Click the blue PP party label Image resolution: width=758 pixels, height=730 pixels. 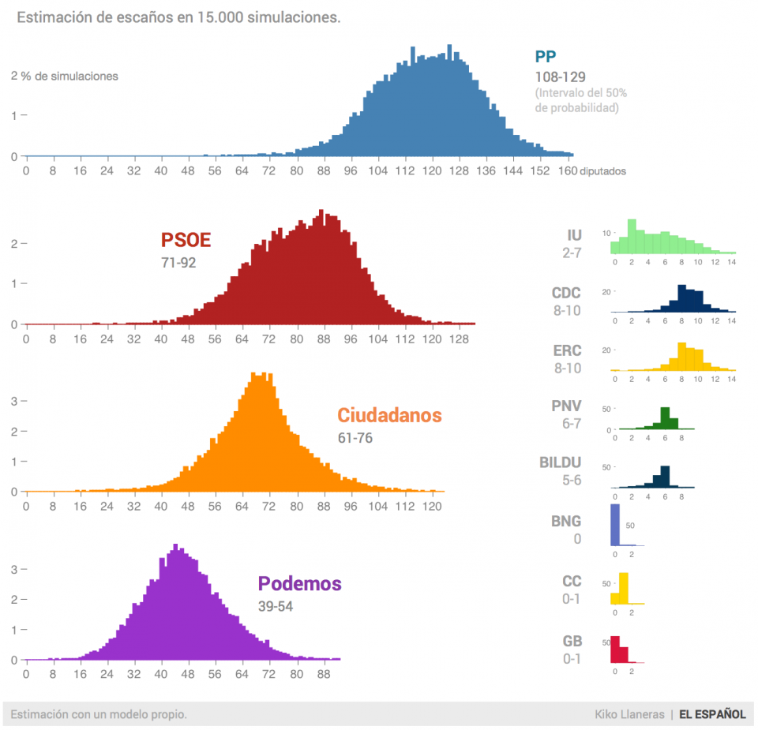(545, 56)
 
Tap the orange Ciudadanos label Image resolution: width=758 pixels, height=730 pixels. (389, 415)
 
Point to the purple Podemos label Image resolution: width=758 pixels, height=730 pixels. (299, 584)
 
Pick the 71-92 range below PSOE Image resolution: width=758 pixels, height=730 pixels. (178, 263)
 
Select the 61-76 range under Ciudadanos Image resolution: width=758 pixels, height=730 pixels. (355, 438)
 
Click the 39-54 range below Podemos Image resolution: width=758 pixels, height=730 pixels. (276, 606)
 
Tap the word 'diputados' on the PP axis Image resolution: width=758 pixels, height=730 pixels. (602, 170)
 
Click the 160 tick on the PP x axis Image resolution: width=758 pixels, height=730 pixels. (566, 170)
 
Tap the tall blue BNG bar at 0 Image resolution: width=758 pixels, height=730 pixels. (615, 525)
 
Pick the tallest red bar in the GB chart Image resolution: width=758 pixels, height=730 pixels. (615, 649)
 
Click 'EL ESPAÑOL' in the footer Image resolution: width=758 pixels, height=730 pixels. (712, 714)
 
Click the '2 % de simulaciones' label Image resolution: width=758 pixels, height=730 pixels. (65, 77)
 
